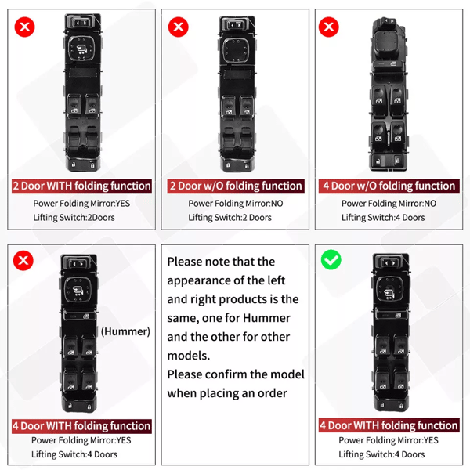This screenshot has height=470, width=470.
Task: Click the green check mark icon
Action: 331,259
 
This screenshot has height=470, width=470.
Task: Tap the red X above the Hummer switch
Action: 23,260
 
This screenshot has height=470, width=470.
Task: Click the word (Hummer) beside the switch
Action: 125,331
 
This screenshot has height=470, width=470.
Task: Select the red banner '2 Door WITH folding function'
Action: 81,186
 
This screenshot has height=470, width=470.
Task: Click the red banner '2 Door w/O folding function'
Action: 236,186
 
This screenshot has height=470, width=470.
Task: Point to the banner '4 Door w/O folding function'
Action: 389,186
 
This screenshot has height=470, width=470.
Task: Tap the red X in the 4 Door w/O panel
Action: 328,27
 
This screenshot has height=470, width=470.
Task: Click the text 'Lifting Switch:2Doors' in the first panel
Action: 74,217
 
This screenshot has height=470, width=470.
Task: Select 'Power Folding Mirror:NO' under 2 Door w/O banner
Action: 236,204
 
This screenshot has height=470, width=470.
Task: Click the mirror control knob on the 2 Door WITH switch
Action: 81,49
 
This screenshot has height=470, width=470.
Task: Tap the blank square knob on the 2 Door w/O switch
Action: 236,50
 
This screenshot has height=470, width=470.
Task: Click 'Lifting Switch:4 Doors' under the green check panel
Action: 381,454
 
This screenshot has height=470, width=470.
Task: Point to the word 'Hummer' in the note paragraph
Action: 266,318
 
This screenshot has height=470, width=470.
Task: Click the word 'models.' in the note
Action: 189,356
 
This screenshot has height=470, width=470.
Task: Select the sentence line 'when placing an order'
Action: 227,393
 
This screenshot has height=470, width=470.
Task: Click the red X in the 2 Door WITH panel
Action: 24,27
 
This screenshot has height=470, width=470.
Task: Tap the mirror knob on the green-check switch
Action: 389,288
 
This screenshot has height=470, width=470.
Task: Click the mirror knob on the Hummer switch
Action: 78,290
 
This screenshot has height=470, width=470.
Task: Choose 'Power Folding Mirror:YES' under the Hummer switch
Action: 81,440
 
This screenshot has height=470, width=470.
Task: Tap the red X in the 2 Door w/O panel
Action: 179,27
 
